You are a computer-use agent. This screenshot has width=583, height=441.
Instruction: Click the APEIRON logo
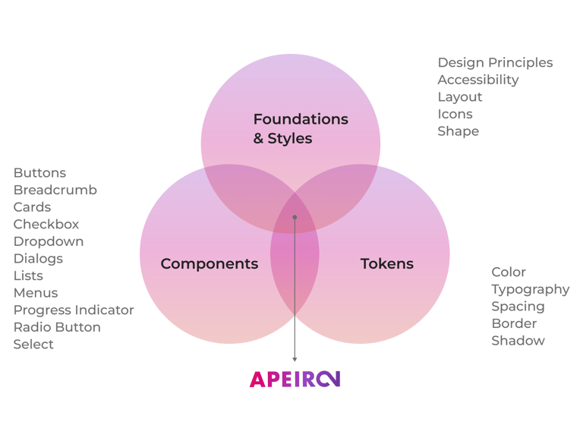click(x=295, y=379)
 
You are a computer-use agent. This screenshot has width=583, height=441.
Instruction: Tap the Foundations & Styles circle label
click(x=300, y=129)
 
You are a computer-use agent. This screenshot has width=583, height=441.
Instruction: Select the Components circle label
click(x=209, y=264)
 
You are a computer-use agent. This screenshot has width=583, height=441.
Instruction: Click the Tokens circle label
click(x=386, y=264)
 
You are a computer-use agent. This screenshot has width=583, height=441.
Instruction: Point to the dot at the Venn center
click(x=295, y=217)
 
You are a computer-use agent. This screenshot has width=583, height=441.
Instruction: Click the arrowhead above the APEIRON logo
click(x=295, y=359)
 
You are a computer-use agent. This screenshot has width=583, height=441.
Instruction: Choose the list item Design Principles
click(x=495, y=63)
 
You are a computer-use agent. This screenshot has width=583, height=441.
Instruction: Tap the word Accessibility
click(x=477, y=80)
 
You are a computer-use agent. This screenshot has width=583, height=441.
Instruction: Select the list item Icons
click(x=455, y=114)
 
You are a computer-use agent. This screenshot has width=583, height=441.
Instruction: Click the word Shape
click(x=458, y=131)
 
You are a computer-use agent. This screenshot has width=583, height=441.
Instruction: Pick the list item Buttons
click(x=39, y=173)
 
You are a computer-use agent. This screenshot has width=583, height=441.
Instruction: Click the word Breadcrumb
click(x=55, y=190)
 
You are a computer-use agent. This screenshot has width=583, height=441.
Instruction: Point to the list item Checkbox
click(x=46, y=224)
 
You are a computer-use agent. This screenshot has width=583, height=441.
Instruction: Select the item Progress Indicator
click(x=73, y=310)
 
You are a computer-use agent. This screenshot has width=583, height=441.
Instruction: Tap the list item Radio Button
click(x=56, y=327)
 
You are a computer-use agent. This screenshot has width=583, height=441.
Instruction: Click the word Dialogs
click(x=38, y=258)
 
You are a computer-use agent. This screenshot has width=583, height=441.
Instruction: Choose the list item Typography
click(x=530, y=289)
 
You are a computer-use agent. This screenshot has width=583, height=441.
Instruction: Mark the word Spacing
click(x=518, y=306)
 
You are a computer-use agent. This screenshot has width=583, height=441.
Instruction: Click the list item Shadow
click(x=518, y=341)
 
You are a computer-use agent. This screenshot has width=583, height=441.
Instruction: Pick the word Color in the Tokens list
click(x=508, y=272)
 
